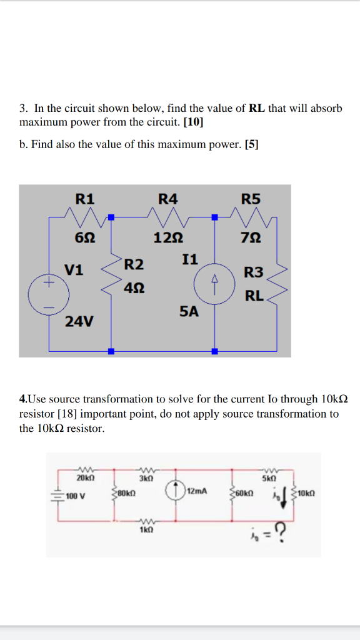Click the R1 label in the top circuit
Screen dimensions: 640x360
coord(85,199)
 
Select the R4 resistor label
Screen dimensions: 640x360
coord(167,199)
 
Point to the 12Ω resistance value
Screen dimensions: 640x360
coord(168,237)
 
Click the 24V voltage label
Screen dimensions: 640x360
coord(79,322)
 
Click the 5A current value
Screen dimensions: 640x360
coord(189,311)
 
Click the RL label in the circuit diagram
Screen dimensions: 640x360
coord(254,296)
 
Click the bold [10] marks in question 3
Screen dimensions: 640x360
coord(194,123)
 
